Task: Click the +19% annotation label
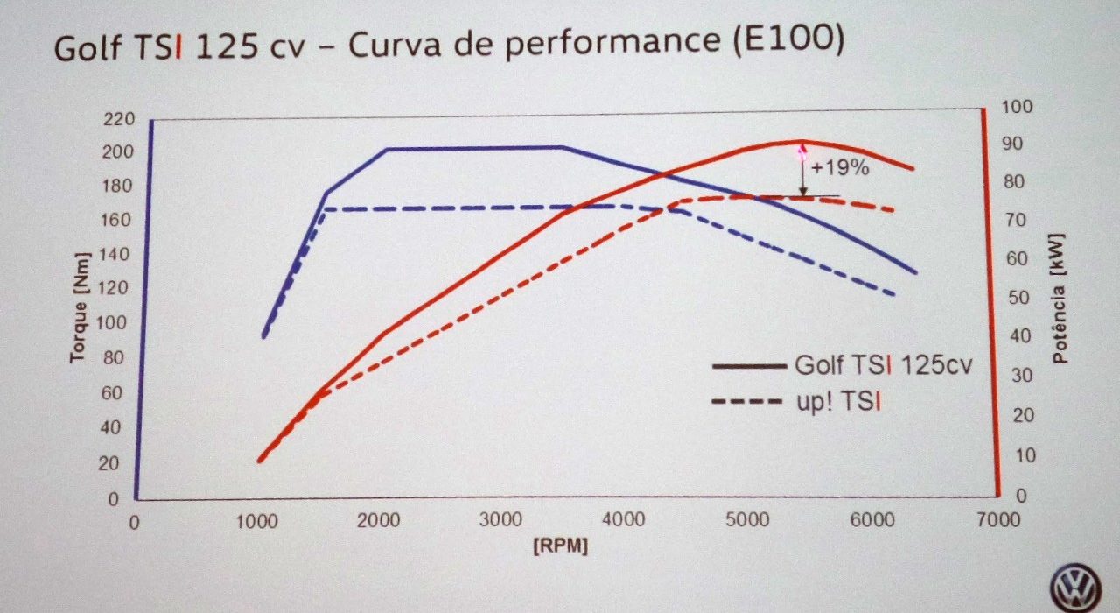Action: pyautogui.click(x=840, y=168)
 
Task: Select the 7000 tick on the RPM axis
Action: pyautogui.click(x=998, y=521)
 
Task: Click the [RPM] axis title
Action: pyautogui.click(x=561, y=546)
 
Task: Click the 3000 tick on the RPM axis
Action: pyautogui.click(x=502, y=521)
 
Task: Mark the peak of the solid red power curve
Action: pyautogui.click(x=799, y=141)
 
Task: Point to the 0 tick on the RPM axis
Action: pyautogui.click(x=134, y=523)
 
